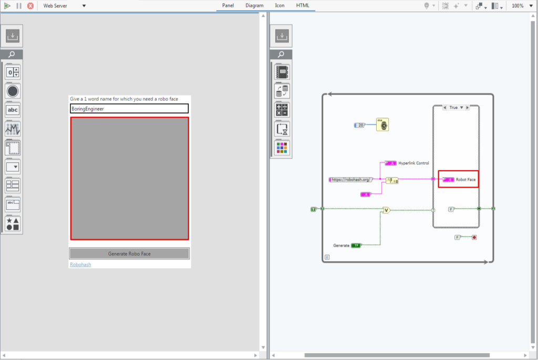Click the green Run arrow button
click(x=7, y=6)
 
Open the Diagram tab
click(x=254, y=5)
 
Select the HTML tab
click(x=303, y=5)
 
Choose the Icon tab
click(x=280, y=5)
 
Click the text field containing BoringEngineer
click(x=129, y=109)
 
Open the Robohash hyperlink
click(x=80, y=264)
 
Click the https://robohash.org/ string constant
click(x=350, y=180)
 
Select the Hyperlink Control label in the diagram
click(x=413, y=163)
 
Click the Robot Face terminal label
click(x=465, y=180)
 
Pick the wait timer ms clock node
click(x=382, y=125)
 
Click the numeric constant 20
click(x=359, y=125)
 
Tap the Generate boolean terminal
click(x=356, y=245)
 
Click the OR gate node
click(x=386, y=210)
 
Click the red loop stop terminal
click(x=474, y=238)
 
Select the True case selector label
click(x=453, y=107)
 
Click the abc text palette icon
click(x=13, y=110)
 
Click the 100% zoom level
click(x=518, y=6)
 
